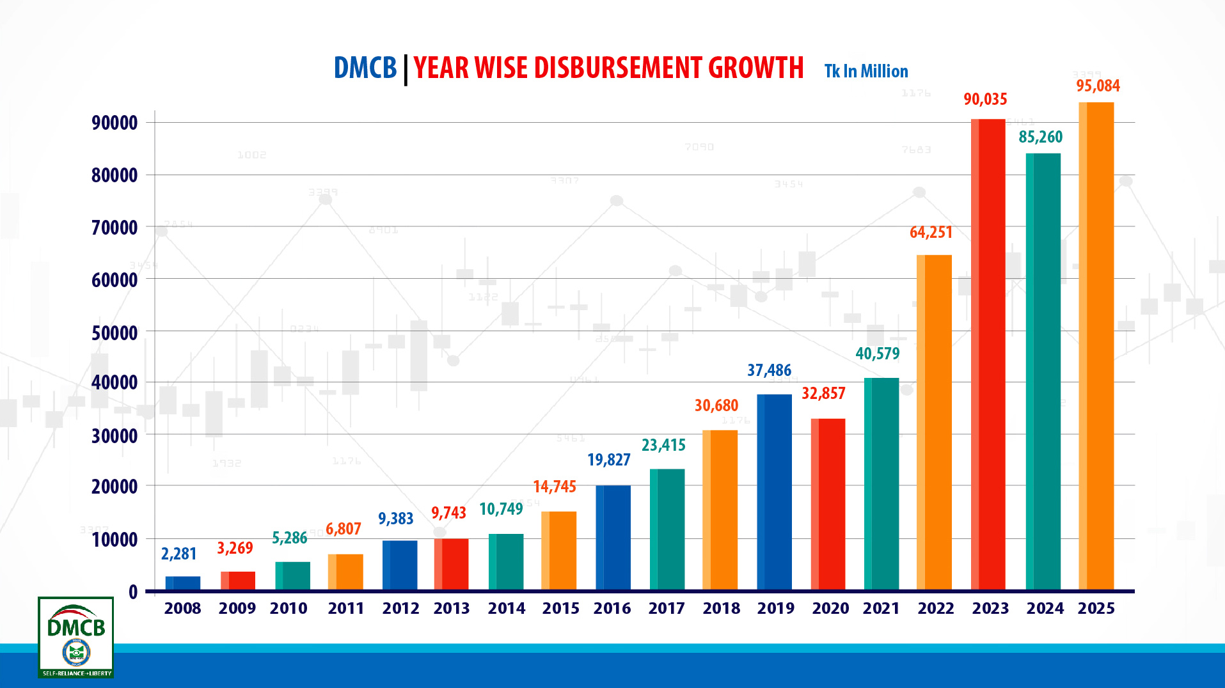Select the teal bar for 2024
[x=1043, y=371]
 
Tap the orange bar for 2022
[x=934, y=422]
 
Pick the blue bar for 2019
[x=774, y=492]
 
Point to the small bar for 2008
[x=183, y=582]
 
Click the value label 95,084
[x=1098, y=86]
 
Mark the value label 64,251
[x=931, y=232]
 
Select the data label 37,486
[x=769, y=370]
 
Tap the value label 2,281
[x=178, y=554]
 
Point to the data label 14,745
[x=555, y=487]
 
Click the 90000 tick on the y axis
[x=115, y=123]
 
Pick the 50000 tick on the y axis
[x=115, y=333]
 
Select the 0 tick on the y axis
[x=133, y=592]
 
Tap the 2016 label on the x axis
[x=612, y=608]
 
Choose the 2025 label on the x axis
[x=1096, y=608]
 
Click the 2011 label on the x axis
[x=346, y=608]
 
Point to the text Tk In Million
[x=866, y=71]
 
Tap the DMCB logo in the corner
[x=76, y=637]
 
